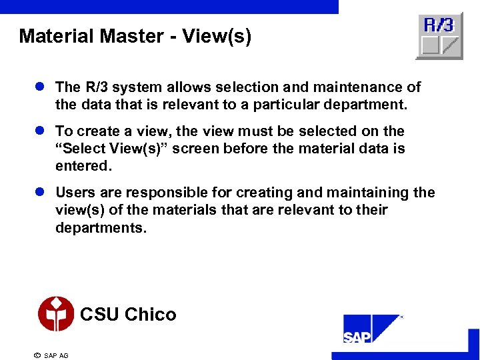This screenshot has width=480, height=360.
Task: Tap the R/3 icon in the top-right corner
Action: [439, 36]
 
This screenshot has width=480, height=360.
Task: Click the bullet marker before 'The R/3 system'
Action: [41, 87]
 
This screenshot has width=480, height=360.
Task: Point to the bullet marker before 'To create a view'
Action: [41, 131]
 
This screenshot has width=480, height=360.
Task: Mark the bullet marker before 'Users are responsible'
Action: [41, 193]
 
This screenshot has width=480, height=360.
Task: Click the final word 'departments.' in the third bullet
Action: [100, 227]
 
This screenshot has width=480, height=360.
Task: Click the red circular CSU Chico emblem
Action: [56, 314]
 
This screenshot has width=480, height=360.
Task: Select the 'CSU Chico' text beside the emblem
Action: [128, 314]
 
